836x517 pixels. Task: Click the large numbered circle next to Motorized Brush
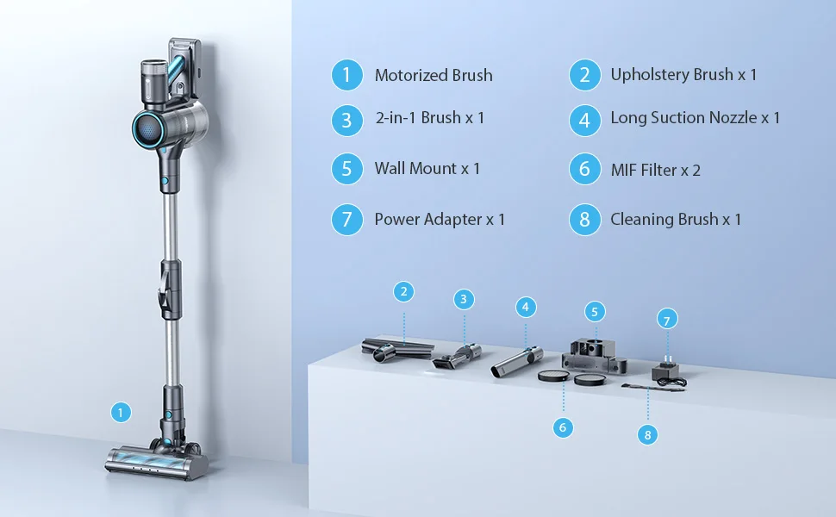point(346,75)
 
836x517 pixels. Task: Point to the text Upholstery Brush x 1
point(683,75)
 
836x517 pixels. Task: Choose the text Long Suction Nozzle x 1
point(695,117)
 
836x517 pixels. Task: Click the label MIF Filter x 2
point(655,170)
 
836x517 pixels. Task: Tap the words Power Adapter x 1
point(440,219)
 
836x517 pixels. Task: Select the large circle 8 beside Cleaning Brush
point(584,219)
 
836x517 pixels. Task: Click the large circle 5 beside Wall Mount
point(346,168)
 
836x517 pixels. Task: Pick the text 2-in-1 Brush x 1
point(429,117)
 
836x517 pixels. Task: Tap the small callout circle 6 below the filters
point(563,426)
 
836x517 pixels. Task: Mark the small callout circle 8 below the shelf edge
point(648,434)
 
